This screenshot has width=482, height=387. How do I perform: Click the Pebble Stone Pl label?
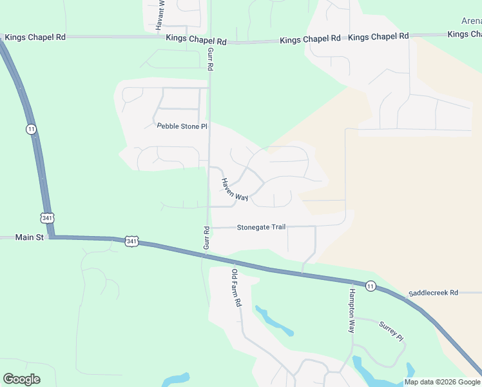(x=182, y=126)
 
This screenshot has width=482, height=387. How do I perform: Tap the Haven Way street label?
(x=235, y=190)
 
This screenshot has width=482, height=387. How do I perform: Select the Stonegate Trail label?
(x=261, y=227)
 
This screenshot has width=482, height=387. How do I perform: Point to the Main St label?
(x=30, y=237)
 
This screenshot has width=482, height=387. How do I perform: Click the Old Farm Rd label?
(x=236, y=288)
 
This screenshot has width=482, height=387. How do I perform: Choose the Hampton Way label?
(x=352, y=310)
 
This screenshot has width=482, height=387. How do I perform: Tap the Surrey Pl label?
(x=390, y=332)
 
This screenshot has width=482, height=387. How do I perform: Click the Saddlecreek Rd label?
(x=432, y=292)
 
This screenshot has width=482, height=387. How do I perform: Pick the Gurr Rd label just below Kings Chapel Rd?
(x=210, y=58)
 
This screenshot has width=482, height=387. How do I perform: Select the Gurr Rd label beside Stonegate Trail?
(x=207, y=238)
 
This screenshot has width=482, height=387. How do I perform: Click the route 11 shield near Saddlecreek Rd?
(x=370, y=286)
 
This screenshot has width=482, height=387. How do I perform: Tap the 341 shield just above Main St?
(x=47, y=217)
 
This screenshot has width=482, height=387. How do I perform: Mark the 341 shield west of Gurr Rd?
(x=131, y=241)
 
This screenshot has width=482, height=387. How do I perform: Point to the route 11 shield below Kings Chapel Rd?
(x=31, y=129)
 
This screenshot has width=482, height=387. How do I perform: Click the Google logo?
(x=21, y=379)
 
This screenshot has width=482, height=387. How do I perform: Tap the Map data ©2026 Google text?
(x=442, y=382)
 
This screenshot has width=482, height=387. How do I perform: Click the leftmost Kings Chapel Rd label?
(x=35, y=37)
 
